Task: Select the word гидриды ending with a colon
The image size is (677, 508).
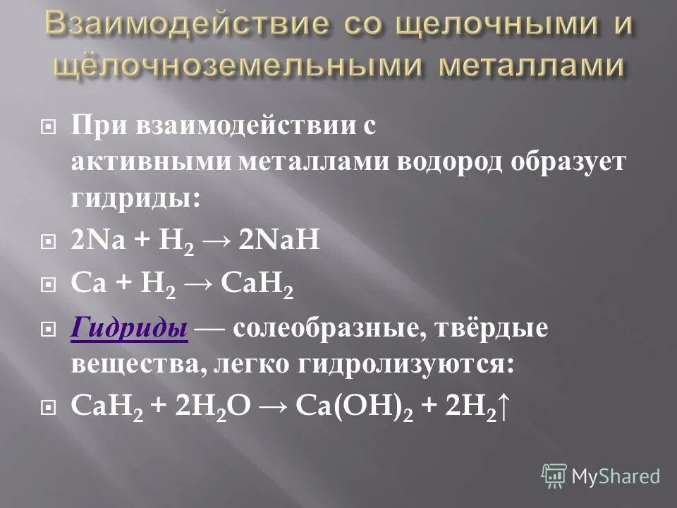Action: [x=135, y=197]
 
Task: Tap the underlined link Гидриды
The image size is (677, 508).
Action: [x=130, y=328]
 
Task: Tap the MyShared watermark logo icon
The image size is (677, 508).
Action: [x=554, y=476]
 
